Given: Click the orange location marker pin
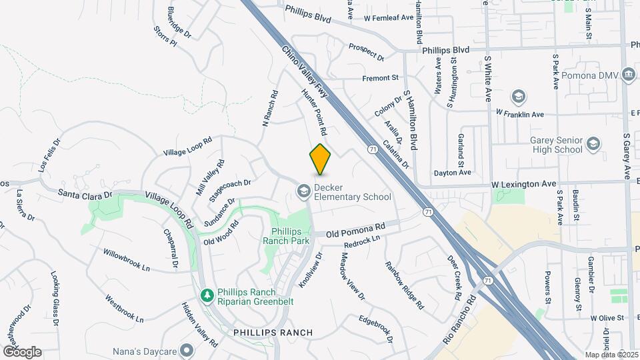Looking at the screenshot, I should pos(320,159).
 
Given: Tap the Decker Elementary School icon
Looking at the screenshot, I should pos(303,192).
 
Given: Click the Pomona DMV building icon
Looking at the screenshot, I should pos(628,75).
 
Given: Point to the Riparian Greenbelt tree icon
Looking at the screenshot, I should pos(207,294).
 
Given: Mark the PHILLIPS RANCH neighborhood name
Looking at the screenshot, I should pos(273,332).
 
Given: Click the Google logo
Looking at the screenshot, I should pos(22,351).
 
